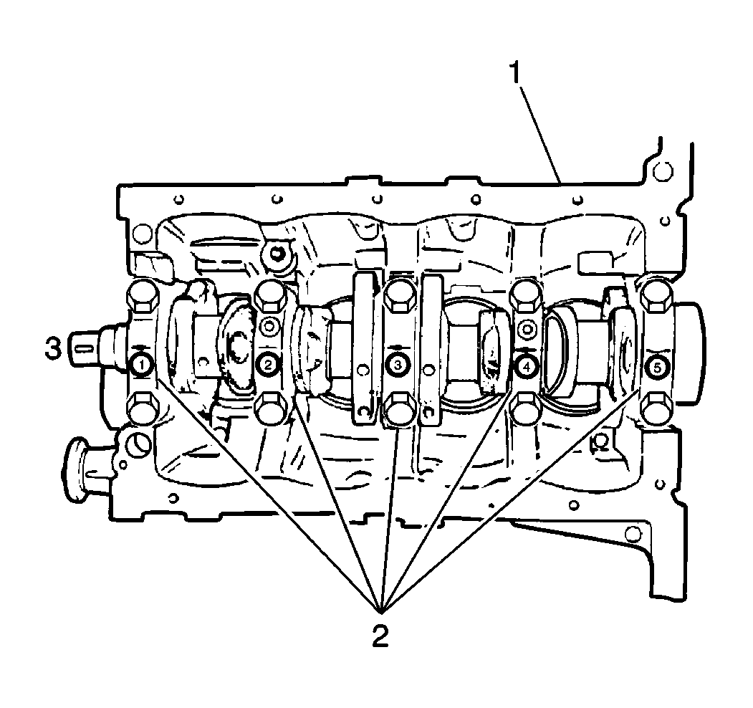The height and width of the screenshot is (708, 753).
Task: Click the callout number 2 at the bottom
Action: tap(380, 636)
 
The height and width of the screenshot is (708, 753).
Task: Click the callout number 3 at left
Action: tap(53, 349)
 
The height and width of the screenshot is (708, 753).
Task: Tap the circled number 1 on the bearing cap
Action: tap(141, 365)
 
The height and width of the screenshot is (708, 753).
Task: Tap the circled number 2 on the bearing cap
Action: tap(269, 365)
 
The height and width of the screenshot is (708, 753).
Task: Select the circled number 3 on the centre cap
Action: tap(398, 365)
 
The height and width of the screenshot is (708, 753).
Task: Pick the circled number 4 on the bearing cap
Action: tap(527, 366)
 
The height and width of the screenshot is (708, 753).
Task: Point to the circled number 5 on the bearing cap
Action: tap(657, 368)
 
